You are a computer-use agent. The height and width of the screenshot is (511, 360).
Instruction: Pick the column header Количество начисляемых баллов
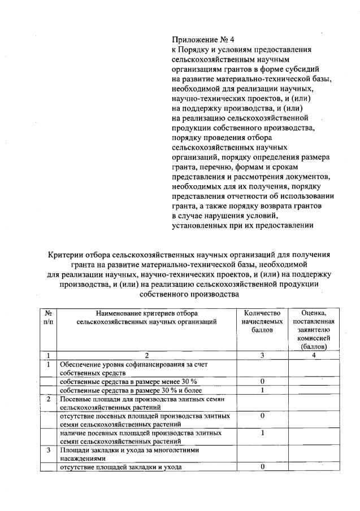(x=262, y=321)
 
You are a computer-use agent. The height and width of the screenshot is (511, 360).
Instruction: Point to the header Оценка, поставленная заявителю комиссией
(x=315, y=329)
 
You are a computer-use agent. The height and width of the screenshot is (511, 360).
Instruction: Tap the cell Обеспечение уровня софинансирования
(x=133, y=368)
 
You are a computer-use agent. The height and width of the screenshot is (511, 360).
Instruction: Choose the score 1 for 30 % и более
(x=262, y=390)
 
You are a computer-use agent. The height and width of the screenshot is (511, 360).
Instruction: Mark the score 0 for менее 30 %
(x=262, y=382)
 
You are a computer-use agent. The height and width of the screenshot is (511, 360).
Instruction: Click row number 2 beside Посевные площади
(x=49, y=399)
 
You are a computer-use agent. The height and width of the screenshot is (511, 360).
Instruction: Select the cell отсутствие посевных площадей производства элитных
(x=144, y=420)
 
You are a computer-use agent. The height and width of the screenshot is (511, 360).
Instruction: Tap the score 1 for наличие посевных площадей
(x=262, y=433)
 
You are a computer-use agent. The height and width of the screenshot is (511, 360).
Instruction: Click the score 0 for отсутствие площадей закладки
(x=262, y=466)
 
